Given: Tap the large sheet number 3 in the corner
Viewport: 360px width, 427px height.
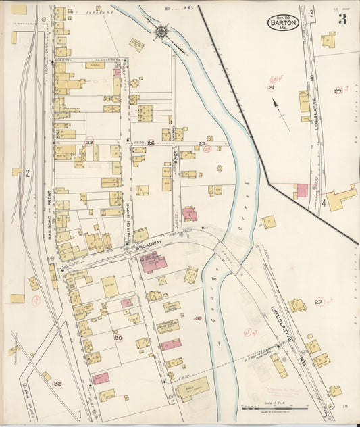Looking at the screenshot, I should (342, 19).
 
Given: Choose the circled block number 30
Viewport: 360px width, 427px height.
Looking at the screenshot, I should (118, 337).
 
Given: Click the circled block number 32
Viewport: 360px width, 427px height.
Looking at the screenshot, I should (57, 384).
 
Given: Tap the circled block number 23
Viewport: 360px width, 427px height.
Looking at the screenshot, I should (89, 143).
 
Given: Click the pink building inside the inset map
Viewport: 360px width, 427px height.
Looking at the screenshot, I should (301, 191).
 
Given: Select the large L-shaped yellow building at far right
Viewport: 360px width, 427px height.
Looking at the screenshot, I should (341, 197).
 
